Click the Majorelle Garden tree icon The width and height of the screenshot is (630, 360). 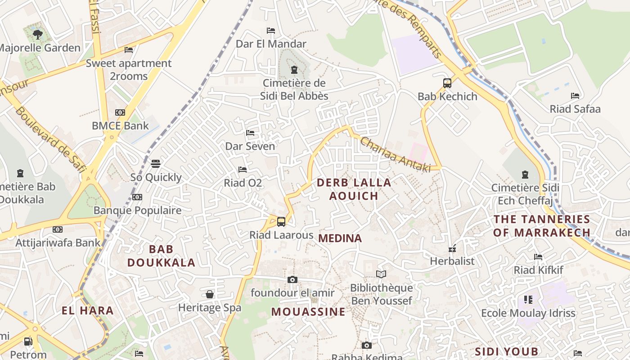coord(38,34)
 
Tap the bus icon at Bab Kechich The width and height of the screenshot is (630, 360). coord(447,83)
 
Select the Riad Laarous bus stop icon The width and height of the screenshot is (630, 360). coord(281,221)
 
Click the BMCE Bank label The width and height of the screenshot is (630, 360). coord(120,126)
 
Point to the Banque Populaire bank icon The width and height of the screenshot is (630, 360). coord(137,197)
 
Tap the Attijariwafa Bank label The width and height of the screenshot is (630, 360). coord(58,243)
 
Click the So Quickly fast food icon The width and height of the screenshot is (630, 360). coord(156,164)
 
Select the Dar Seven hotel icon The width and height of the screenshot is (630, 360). coord(250,133)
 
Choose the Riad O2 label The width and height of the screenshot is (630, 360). coord(243,183)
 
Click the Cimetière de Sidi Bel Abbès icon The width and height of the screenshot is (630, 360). coord(294,70)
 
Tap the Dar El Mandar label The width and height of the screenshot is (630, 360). coord(271,44)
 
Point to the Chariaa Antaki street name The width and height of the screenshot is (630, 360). coord(396,154)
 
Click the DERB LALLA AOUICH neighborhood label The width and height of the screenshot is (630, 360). coord(354,189)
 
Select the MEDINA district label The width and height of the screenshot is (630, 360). coord(340,238)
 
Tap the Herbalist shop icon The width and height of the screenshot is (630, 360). coord(452,248)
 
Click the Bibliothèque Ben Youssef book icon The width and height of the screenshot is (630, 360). coord(381,274)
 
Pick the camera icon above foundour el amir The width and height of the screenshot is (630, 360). coord(292,279)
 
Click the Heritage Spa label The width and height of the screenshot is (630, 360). coord(210,308)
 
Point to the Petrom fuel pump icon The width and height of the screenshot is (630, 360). coord(28,342)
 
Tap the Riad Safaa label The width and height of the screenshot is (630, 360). coord(575,109)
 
